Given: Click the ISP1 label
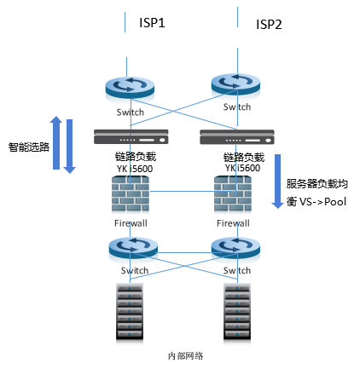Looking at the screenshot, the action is coord(152,23).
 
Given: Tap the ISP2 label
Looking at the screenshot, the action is coord(269,25).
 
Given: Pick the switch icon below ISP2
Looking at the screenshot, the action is coord(235,84).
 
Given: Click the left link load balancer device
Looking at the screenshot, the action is coord(131,136).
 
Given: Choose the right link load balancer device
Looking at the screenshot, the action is coord(237,137).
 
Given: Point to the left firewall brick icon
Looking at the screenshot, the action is coord(131,193).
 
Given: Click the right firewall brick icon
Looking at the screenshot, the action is coord(233,193).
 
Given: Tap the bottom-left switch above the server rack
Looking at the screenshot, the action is coord(133,247).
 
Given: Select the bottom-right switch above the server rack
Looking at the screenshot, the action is coord(235,247).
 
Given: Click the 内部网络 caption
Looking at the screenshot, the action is coord(186,356).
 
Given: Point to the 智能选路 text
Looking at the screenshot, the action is coord(29,147).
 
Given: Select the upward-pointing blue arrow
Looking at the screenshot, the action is coord(56,142).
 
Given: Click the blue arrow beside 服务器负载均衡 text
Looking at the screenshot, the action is coord(277,182).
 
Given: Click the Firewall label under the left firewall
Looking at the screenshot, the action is coord(131,223).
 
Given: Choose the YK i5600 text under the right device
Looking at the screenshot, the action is coord(242,168).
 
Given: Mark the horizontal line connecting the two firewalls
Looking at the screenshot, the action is coord(189,191).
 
